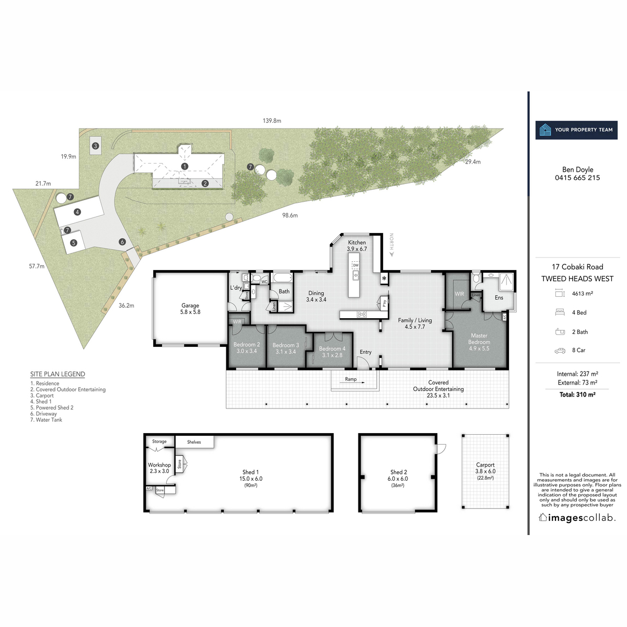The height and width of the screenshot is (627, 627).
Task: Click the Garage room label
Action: [x=190, y=309]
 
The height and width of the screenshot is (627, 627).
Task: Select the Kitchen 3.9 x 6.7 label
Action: [x=357, y=246]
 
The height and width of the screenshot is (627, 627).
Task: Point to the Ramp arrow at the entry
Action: [x=351, y=383]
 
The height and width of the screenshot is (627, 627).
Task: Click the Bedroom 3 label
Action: [x=286, y=349]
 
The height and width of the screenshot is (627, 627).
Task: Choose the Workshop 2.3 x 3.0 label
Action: [x=159, y=468]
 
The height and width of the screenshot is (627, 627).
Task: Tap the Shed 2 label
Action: [x=398, y=475]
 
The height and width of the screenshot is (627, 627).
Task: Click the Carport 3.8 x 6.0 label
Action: [x=485, y=468]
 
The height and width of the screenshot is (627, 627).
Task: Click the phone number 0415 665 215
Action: [x=577, y=178]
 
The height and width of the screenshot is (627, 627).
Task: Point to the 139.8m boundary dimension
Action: [x=272, y=121]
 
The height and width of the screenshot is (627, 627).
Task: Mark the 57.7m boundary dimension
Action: [x=37, y=266]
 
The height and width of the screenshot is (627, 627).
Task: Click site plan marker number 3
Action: [x=96, y=146]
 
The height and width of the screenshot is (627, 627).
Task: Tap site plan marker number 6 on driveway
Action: [x=122, y=242]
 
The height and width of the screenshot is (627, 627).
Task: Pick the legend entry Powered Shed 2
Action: [x=52, y=408]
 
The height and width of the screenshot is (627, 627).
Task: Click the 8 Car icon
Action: [x=560, y=351]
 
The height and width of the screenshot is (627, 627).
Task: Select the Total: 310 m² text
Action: [x=577, y=395]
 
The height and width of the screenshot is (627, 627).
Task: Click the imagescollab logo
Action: [x=577, y=518]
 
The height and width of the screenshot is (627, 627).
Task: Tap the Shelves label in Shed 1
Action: [x=194, y=442]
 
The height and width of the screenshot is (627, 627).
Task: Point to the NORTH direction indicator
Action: [x=391, y=245]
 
